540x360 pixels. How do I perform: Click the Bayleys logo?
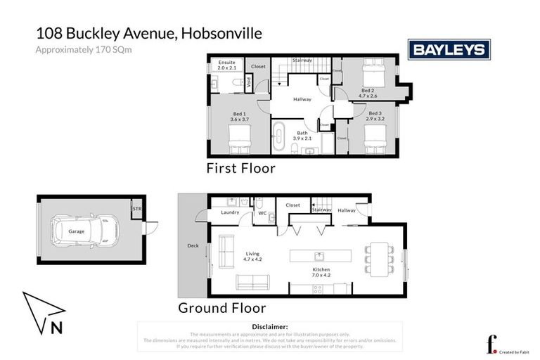(x=450, y=49)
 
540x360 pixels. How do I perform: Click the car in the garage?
(x=77, y=231)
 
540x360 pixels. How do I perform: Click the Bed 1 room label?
(x=240, y=117)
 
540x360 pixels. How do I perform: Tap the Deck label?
(x=193, y=246)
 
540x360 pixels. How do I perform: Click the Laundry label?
(x=230, y=212)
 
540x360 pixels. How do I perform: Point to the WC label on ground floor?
(x=262, y=212)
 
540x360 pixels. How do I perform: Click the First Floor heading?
(x=240, y=169)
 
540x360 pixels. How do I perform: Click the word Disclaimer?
(x=269, y=327)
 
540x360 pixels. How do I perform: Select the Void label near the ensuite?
(x=247, y=82)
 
